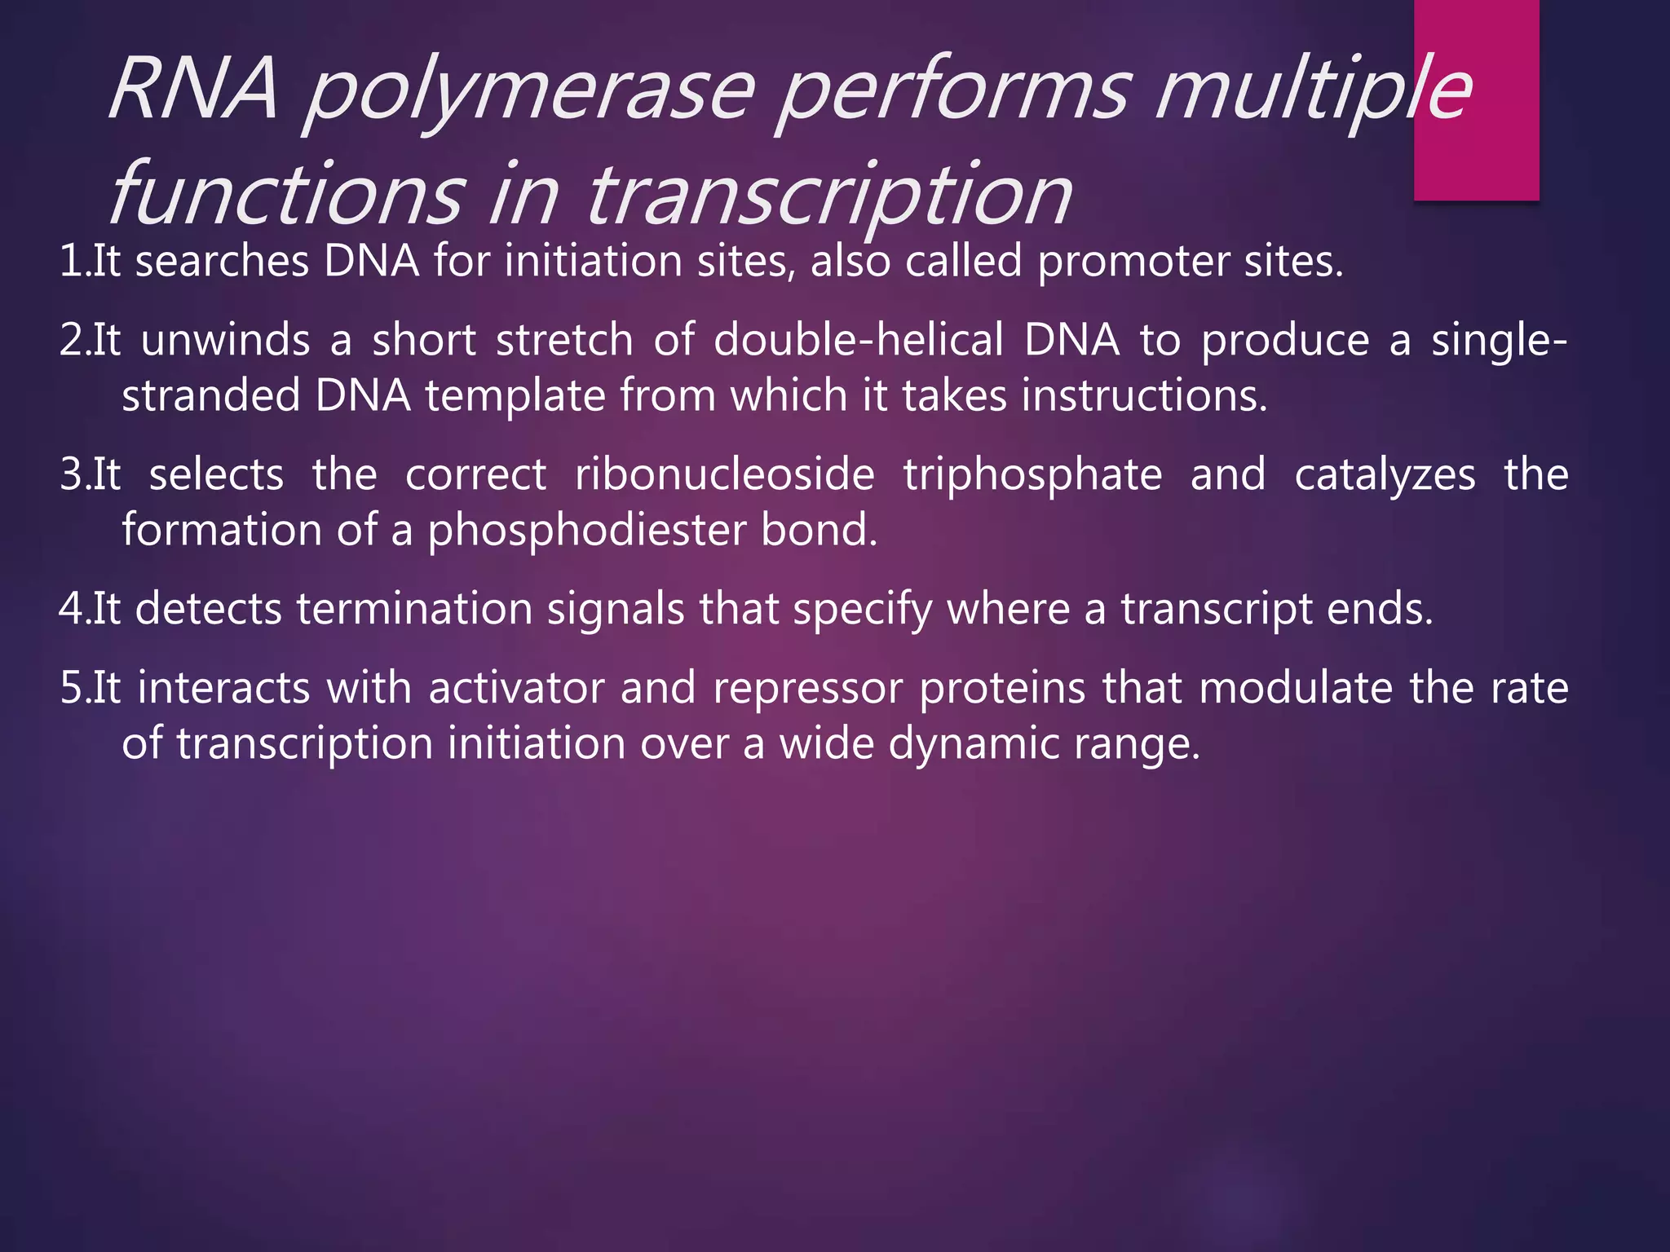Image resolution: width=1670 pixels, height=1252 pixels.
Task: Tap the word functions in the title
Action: point(285,196)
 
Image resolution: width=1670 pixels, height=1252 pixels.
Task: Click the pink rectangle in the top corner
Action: point(1476,100)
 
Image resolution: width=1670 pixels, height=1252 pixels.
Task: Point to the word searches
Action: point(222,262)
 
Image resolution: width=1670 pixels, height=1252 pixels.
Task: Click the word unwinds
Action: point(225,341)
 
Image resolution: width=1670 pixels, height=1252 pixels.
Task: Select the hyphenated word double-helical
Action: point(859,341)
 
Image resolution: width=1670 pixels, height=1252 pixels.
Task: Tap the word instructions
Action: point(1144,396)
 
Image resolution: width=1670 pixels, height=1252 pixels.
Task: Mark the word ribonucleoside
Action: point(724,475)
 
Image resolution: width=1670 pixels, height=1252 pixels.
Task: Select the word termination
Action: point(414,610)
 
